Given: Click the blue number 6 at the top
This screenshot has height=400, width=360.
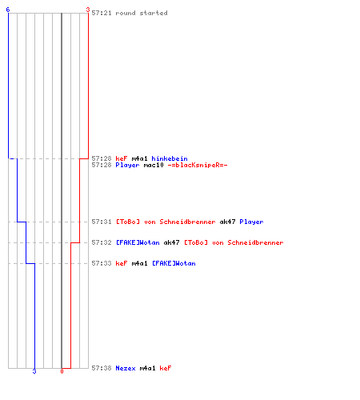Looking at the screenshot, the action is coord(8,10).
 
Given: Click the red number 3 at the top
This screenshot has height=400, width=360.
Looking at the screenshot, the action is coord(87,10).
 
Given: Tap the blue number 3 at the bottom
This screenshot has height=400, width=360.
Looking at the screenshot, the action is coord(34,371).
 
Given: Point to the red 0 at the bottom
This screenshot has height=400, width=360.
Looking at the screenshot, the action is coord(62,371).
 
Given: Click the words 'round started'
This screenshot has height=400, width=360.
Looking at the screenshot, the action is coord(142,13).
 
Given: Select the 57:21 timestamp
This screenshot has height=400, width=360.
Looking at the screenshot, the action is coord(102,13).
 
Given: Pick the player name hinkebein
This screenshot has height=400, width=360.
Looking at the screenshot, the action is coord(170,158).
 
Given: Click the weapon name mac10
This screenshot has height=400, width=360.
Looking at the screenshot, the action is coord(154,165).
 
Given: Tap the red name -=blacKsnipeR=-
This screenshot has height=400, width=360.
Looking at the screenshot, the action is coord(198,165).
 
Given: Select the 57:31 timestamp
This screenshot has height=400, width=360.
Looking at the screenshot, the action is coord(102,222).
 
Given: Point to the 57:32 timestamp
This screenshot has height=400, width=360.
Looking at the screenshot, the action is coord(102,242).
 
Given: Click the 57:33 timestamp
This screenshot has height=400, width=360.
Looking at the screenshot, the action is coord(102,263).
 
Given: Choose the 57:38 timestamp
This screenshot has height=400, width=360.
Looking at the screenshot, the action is coord(102,368).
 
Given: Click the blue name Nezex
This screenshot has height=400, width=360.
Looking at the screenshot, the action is coord(126,368).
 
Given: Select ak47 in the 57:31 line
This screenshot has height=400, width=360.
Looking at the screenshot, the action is coord(227,222).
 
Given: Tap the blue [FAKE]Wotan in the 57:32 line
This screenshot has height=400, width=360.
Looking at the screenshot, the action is coord(138,242).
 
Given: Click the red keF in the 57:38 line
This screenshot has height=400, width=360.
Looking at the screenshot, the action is coord(166,368).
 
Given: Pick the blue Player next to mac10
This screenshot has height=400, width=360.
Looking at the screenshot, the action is coord(127,165).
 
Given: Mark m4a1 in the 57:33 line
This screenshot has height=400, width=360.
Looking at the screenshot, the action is coord(139,263).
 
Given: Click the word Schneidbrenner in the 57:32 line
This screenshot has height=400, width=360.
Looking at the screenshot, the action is coord(255,242).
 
